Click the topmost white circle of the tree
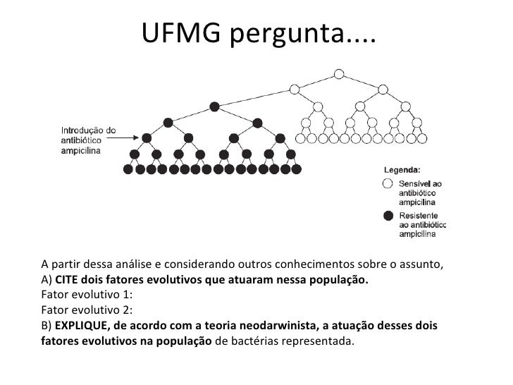339,73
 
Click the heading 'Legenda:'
402,170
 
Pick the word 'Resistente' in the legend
419,215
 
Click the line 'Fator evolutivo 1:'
87,295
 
